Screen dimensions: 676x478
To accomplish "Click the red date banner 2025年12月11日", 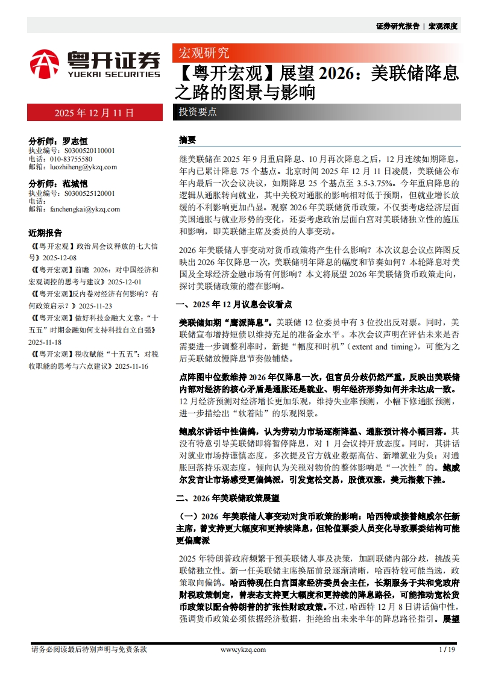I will (94, 113).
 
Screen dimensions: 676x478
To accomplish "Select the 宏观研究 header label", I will (201, 52).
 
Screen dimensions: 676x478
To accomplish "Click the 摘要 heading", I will (187, 140).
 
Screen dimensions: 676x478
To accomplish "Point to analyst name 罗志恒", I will (75, 141).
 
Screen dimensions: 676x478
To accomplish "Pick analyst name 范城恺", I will (75, 183).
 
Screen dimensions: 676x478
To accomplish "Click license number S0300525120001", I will (80, 193).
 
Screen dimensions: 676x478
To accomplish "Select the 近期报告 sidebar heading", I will (45, 233).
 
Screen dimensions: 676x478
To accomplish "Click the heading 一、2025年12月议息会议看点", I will (234, 305).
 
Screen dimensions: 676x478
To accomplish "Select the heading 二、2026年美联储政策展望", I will (227, 498).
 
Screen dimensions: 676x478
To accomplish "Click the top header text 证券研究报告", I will (397, 26).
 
